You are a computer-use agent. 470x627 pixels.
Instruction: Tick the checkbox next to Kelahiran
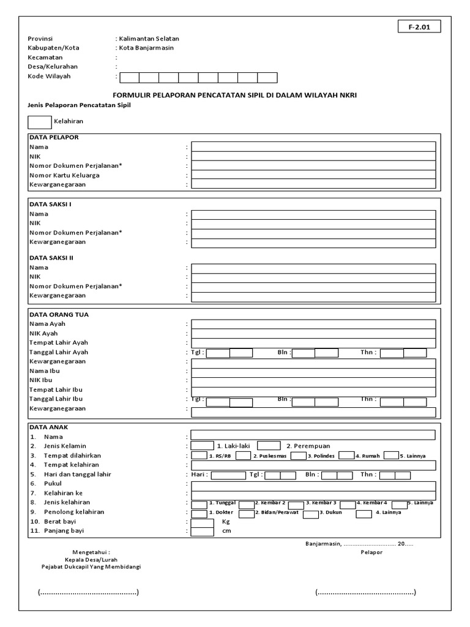pyautogui.click(x=40, y=122)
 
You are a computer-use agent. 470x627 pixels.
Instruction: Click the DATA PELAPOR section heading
pyautogui.click(x=54, y=138)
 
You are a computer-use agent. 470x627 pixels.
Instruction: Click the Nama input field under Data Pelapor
pyautogui.click(x=313, y=147)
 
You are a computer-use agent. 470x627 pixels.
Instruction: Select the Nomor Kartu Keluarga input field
pyautogui.click(x=313, y=175)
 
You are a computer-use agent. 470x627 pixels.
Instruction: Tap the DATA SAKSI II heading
pyautogui.click(x=51, y=258)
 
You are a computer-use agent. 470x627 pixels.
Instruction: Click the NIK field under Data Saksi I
pyautogui.click(x=313, y=223)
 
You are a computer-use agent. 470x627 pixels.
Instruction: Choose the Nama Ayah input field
pyautogui.click(x=313, y=324)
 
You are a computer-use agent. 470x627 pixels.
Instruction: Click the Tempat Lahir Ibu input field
pyautogui.click(x=313, y=390)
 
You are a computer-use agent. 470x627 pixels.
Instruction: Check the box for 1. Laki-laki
pyautogui.click(x=202, y=446)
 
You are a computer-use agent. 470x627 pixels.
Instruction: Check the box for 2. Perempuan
pyautogui.click(x=269, y=446)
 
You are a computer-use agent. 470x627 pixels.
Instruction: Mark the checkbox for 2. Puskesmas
pyautogui.click(x=243, y=456)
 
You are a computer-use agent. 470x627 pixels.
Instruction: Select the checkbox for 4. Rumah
pyautogui.click(x=346, y=456)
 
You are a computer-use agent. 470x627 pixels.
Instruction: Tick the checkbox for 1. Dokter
pyautogui.click(x=199, y=512)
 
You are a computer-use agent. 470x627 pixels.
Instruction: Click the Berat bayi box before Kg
pyautogui.click(x=202, y=522)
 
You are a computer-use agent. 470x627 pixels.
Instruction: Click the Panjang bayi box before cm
pyautogui.click(x=202, y=531)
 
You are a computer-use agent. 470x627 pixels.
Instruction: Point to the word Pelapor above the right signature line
pyautogui.click(x=371, y=552)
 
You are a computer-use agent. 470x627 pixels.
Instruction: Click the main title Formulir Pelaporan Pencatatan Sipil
pyautogui.click(x=235, y=96)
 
